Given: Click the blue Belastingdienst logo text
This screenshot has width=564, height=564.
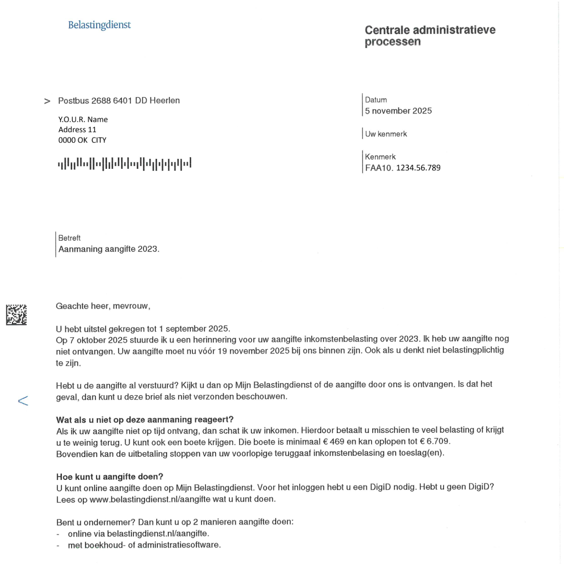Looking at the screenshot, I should point(99,25).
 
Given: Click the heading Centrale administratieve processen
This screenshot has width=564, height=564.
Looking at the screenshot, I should point(429,36).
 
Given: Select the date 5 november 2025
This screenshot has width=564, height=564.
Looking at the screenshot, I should point(398,111).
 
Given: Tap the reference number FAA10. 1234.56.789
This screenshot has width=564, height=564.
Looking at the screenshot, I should point(403,168).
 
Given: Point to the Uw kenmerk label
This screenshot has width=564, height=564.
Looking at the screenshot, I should point(386,134).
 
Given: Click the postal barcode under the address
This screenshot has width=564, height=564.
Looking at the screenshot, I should point(124,164).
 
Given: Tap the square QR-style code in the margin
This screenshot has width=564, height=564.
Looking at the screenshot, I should point(17,315).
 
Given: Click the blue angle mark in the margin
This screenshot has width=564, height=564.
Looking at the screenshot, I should point(23,400).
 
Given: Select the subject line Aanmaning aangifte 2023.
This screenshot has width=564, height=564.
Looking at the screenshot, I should point(109,249).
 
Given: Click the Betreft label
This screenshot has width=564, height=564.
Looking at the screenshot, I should point(69,238).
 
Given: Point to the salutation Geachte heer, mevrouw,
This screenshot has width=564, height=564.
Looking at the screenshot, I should point(103,306).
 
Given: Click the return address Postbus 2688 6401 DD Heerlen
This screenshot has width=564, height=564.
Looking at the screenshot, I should point(119,101).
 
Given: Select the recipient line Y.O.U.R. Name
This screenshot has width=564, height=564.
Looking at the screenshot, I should point(83,120).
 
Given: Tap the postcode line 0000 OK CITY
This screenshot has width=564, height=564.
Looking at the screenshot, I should point(82,140).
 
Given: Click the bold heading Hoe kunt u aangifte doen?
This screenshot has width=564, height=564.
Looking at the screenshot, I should point(110,477).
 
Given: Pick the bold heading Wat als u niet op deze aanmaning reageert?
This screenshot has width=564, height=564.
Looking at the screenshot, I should point(145,420).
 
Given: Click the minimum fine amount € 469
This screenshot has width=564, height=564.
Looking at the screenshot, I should point(334,442).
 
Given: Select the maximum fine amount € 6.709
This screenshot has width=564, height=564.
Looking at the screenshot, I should point(434,441).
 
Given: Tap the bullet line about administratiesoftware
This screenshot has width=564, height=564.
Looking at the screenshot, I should point(144,545).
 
